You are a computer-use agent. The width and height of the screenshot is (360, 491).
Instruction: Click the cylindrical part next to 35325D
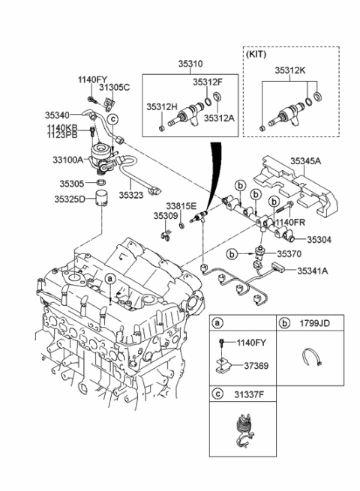pos(100,202)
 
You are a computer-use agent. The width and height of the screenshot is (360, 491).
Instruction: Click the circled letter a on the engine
pos(110,278)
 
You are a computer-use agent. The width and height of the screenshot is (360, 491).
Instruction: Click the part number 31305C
pos(115,88)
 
